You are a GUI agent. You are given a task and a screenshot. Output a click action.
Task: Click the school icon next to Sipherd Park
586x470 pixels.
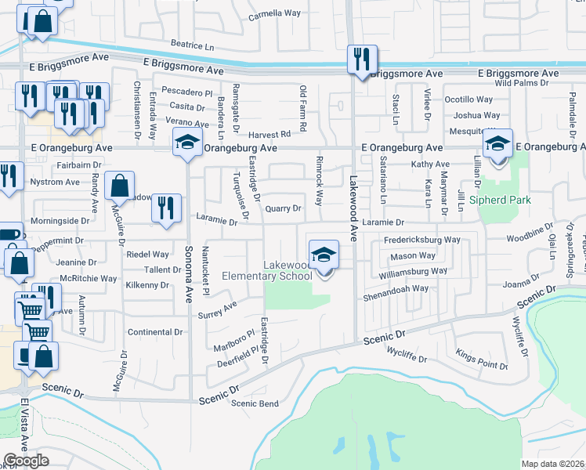pos(497,145)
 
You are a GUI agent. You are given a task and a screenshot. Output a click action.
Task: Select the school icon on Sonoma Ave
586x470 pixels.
pos(186,143)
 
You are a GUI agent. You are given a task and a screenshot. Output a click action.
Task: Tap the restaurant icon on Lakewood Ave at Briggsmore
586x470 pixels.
pos(362,60)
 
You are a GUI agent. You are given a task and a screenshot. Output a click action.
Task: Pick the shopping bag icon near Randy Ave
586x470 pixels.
pos(119,186)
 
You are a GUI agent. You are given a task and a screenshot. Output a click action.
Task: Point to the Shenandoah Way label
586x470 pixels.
pos(395,288)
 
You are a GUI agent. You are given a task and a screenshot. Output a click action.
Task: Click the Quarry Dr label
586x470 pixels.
pos(283,208)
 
